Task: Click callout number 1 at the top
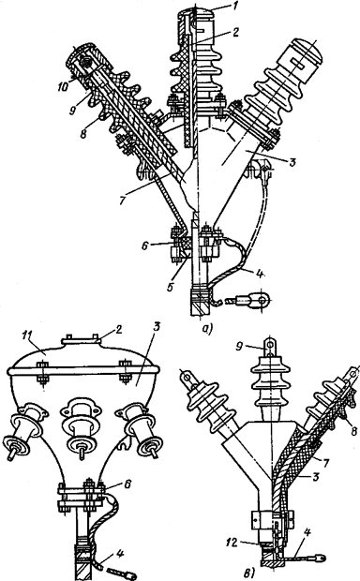(x=223, y=7)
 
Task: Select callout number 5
(x=171, y=287)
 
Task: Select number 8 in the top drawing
(x=83, y=133)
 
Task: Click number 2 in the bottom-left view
(x=118, y=330)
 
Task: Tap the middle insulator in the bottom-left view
(x=80, y=432)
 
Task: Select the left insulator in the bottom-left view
(x=24, y=432)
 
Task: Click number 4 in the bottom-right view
(x=307, y=533)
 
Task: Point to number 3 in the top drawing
(x=292, y=162)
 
